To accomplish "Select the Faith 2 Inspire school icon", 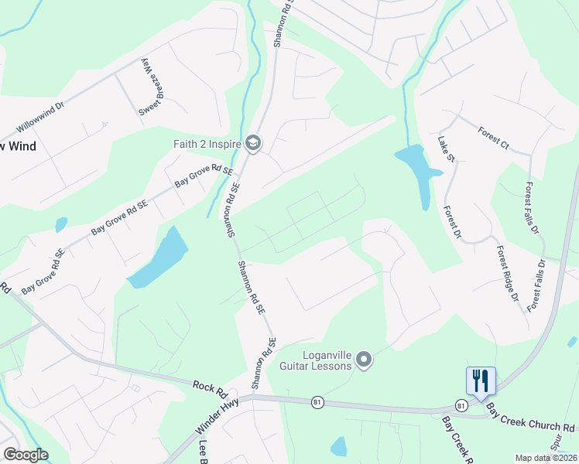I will pyautogui.click(x=252, y=142).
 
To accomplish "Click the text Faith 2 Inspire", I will pyautogui.click(x=206, y=143).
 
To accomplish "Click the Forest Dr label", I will pyautogui.click(x=453, y=223).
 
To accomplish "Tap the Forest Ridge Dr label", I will pyautogui.click(x=507, y=273).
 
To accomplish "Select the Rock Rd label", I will pyautogui.click(x=208, y=386).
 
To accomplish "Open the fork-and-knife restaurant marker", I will pyautogui.click(x=481, y=380).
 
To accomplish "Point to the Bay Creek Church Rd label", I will pyautogui.click(x=532, y=427).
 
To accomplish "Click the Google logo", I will pyautogui.click(x=26, y=455).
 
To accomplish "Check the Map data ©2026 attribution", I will pyautogui.click(x=546, y=458).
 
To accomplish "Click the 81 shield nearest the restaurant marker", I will pyautogui.click(x=461, y=405).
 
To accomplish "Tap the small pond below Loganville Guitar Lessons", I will pyautogui.click(x=338, y=446).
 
